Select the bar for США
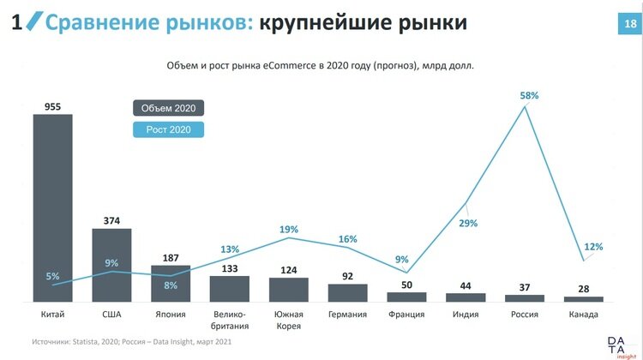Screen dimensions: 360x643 [111, 265]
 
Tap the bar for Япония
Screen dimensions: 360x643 [171, 284]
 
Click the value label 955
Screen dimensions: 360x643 [52, 105]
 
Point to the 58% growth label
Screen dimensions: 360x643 [529, 96]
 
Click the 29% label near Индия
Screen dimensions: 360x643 [468, 223]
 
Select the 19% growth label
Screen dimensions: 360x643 [289, 230]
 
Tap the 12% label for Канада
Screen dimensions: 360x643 [593, 247]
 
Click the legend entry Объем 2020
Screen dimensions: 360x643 [168, 108]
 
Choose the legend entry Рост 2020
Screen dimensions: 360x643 [168, 129]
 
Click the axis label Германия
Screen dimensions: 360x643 [347, 315]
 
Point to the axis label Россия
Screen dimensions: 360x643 [524, 315]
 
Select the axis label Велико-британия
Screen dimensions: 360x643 [229, 320]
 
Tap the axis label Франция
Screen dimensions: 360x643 [406, 315]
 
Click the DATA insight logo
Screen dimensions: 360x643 [617, 345]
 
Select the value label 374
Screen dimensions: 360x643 [111, 219]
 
